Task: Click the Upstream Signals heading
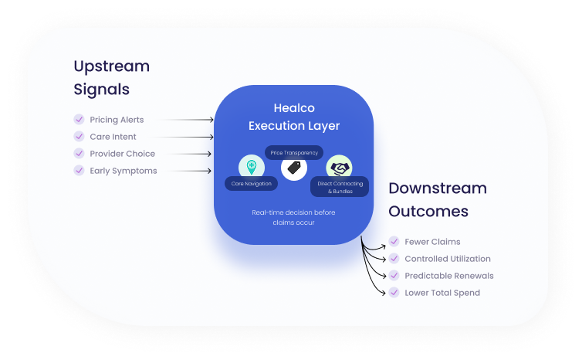111,77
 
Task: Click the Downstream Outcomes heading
437,199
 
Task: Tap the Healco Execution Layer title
293,117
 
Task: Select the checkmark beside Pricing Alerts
79,120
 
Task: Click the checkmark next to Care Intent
79,137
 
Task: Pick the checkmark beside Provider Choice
79,154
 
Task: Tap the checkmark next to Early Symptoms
79,171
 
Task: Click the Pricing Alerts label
117,120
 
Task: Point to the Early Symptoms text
124,171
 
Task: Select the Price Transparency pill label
294,153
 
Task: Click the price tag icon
293,168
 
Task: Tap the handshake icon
339,168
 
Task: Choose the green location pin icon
251,166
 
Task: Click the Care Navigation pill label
251,184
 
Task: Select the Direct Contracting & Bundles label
339,186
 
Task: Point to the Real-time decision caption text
293,217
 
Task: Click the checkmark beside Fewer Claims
394,242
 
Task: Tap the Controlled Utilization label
448,259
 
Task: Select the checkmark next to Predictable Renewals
394,276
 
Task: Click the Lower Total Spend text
442,293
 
